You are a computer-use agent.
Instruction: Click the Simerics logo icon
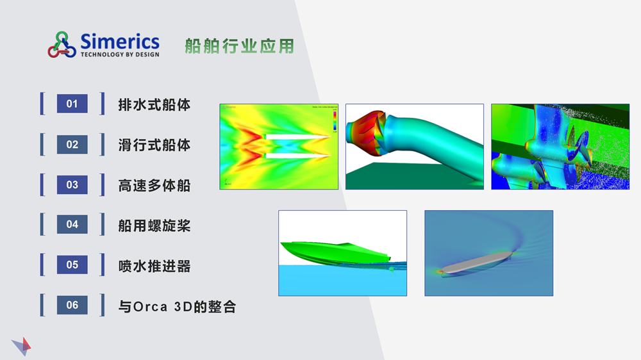[x=62, y=45]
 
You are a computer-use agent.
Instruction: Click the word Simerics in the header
[x=120, y=42]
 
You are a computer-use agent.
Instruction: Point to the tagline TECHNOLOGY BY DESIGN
[x=120, y=54]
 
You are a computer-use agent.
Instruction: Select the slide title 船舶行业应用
[x=239, y=46]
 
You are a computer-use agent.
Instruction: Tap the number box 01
[x=72, y=104]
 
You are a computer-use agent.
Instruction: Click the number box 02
[x=72, y=145]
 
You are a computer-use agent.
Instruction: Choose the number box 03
[x=72, y=185]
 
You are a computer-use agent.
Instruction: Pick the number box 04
[x=72, y=224]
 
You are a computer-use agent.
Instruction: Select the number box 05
[x=72, y=265]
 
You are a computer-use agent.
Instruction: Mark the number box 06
[x=72, y=305]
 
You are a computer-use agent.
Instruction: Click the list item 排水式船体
[x=154, y=104]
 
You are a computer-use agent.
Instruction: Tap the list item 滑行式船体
[x=154, y=145]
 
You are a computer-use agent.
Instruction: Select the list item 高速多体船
[x=154, y=186]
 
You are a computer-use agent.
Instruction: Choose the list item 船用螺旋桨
[x=154, y=225]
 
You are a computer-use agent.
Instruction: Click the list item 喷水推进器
[x=154, y=266]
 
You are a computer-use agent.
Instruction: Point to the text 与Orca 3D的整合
[x=177, y=306]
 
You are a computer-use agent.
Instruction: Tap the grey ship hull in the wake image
[x=478, y=262]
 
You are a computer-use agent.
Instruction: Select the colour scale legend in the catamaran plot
[x=334, y=120]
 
